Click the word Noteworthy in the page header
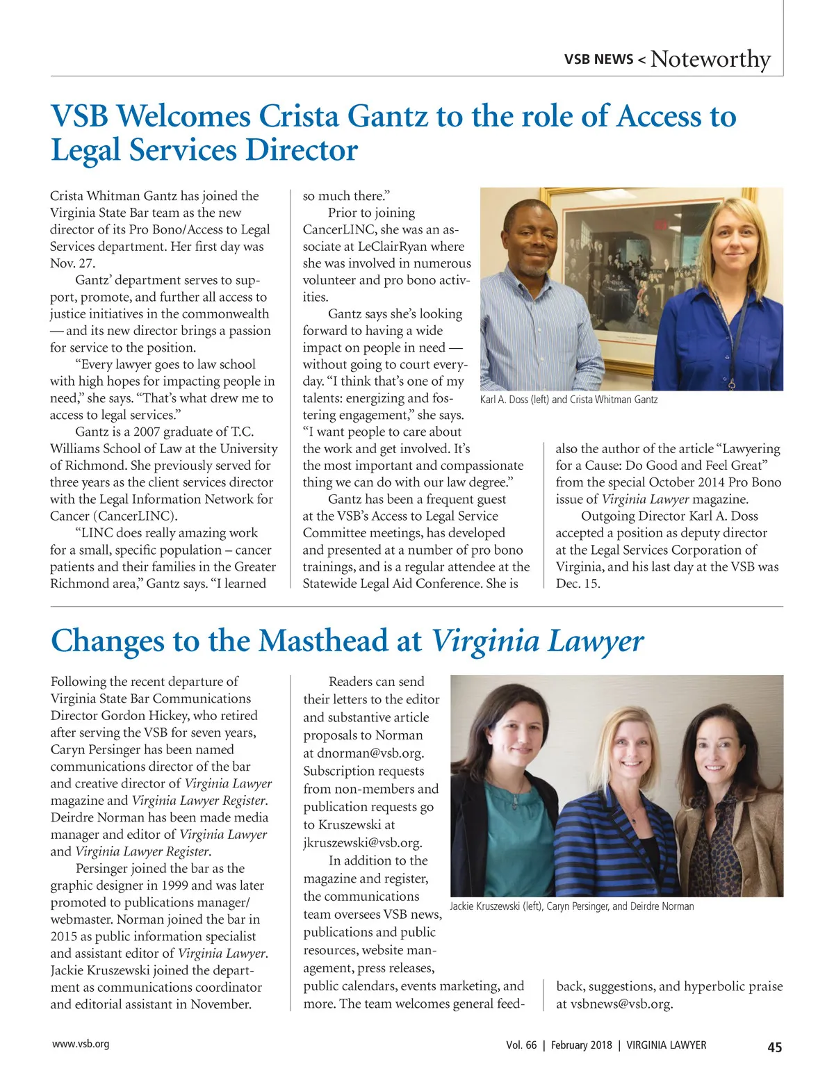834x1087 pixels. point(710,59)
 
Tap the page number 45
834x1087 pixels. point(774,1047)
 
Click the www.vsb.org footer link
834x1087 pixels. point(81,1044)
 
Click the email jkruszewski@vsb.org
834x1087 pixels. point(362,842)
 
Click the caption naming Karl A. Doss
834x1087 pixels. point(569,400)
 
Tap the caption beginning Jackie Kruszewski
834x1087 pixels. point(571,906)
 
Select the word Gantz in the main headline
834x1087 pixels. point(386,116)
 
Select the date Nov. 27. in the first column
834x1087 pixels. point(73,263)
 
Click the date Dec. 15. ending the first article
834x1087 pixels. point(578,584)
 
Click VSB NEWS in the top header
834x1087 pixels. point(598,60)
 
